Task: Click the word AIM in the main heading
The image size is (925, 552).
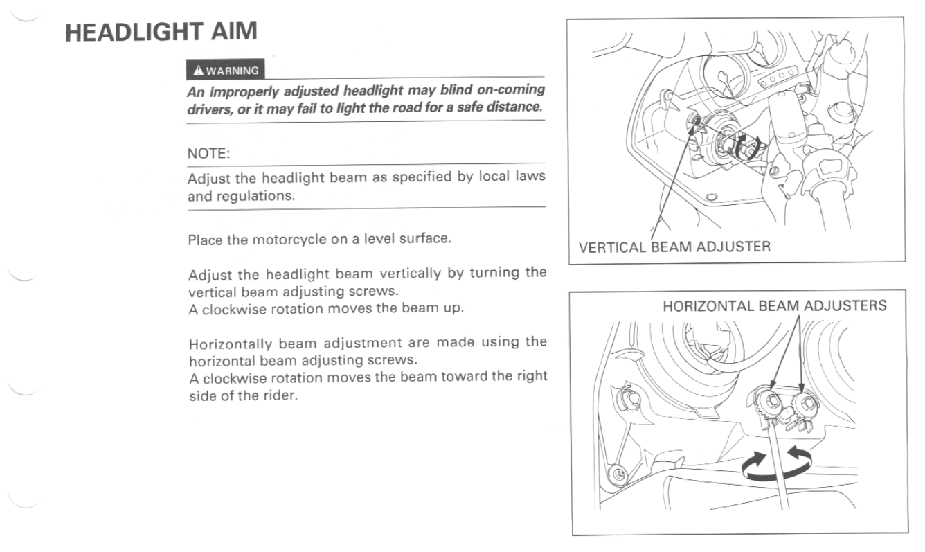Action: (235, 31)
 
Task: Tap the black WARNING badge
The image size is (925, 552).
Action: (225, 70)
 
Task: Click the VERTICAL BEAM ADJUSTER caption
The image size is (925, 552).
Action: (674, 247)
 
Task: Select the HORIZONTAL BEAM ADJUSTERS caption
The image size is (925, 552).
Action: (774, 305)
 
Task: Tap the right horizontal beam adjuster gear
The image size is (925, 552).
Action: (805, 403)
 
